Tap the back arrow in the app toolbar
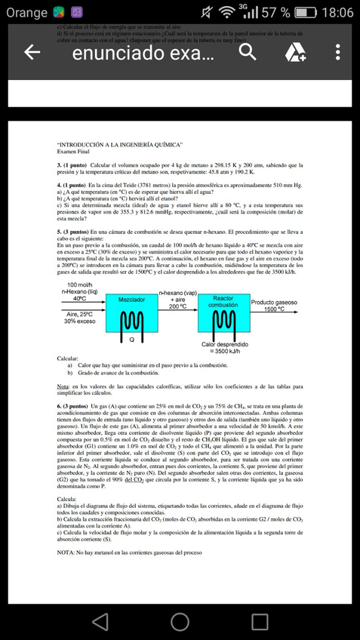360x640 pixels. coord(32,52)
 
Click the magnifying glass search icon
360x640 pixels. coord(248,52)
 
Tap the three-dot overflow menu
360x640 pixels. coord(337,52)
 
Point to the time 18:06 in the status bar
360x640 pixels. coord(336,13)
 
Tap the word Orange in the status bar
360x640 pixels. coord(26,13)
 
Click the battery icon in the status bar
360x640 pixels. coord(305,13)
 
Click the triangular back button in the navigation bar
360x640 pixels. coord(100,620)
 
